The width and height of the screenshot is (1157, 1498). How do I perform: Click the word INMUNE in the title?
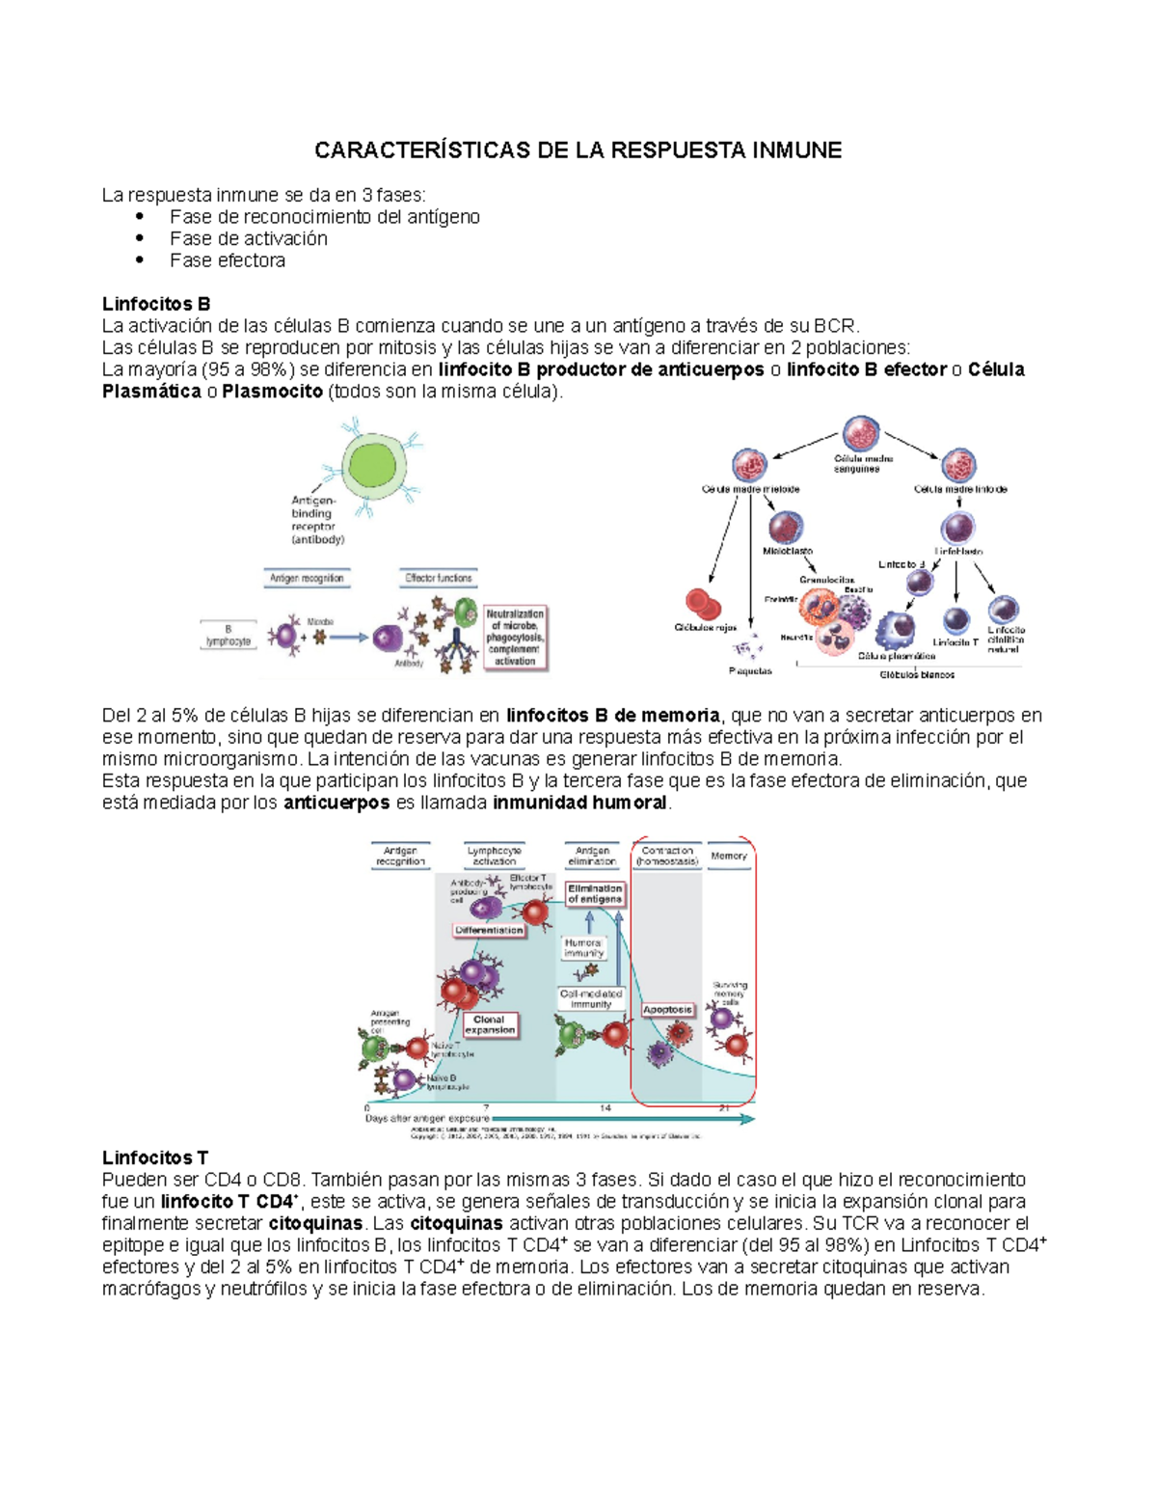796,150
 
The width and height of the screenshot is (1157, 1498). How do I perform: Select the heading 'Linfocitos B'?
156,304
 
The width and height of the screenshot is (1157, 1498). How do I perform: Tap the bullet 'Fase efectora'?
228,260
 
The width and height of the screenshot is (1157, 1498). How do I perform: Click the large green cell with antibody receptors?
371,465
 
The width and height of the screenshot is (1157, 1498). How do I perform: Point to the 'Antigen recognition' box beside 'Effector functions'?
307,578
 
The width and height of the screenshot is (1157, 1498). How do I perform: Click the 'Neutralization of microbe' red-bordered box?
515,638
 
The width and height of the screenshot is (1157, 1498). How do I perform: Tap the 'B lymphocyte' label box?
229,636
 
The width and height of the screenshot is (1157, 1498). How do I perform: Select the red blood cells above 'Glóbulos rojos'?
703,604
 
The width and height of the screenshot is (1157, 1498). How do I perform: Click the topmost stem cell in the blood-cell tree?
860,434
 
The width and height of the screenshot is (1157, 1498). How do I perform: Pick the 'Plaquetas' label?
750,670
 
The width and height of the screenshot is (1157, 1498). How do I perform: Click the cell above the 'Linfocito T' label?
955,620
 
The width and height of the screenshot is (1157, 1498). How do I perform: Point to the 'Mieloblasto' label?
788,551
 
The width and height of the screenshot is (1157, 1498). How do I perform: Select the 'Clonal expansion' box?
490,1024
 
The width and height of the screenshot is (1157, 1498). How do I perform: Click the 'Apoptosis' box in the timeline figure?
667,1010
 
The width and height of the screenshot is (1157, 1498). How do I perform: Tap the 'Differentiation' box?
490,931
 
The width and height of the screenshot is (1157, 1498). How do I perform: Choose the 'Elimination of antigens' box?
595,894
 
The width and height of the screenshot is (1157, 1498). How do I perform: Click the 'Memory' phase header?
729,856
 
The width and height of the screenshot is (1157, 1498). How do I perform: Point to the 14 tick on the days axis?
605,1107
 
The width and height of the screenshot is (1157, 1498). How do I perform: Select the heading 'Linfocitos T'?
155,1158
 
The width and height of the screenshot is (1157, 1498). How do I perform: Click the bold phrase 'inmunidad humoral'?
579,803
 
